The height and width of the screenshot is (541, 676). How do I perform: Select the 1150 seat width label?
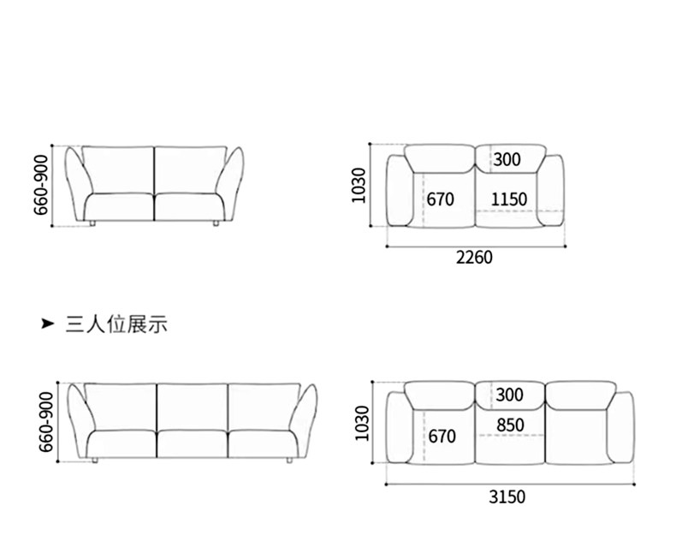pyautogui.click(x=508, y=199)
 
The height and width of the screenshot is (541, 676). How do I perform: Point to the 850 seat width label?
pyautogui.click(x=510, y=425)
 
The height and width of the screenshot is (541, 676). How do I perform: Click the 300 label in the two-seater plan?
pyautogui.click(x=507, y=159)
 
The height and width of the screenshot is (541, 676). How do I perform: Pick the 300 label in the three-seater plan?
pyautogui.click(x=508, y=395)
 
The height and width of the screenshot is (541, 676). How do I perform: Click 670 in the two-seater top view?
pyautogui.click(x=440, y=199)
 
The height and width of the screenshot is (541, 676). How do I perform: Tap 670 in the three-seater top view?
pyautogui.click(x=442, y=437)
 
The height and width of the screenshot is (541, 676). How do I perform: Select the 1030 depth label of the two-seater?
pyautogui.click(x=359, y=185)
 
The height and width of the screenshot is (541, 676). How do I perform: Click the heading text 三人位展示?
pyautogui.click(x=116, y=324)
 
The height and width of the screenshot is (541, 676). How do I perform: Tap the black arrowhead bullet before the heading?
pyautogui.click(x=49, y=324)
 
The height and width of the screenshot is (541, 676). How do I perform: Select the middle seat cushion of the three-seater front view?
pyautogui.click(x=193, y=443)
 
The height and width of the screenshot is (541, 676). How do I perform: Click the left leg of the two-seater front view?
pyautogui.click(x=92, y=224)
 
